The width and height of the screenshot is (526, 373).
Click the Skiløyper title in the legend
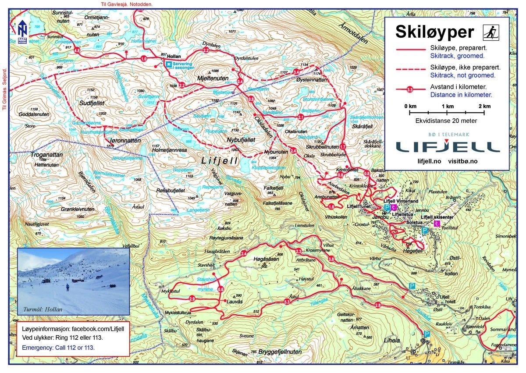tap(434, 32)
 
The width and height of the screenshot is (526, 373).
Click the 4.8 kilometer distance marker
tap(77, 51)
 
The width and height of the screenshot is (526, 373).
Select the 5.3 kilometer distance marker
tap(288, 302)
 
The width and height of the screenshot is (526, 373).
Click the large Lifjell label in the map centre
tap(219, 161)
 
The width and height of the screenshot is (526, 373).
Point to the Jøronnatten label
tap(123, 141)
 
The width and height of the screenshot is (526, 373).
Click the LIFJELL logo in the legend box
tap(447, 146)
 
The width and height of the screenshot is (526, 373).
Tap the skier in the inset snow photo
tap(68, 288)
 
